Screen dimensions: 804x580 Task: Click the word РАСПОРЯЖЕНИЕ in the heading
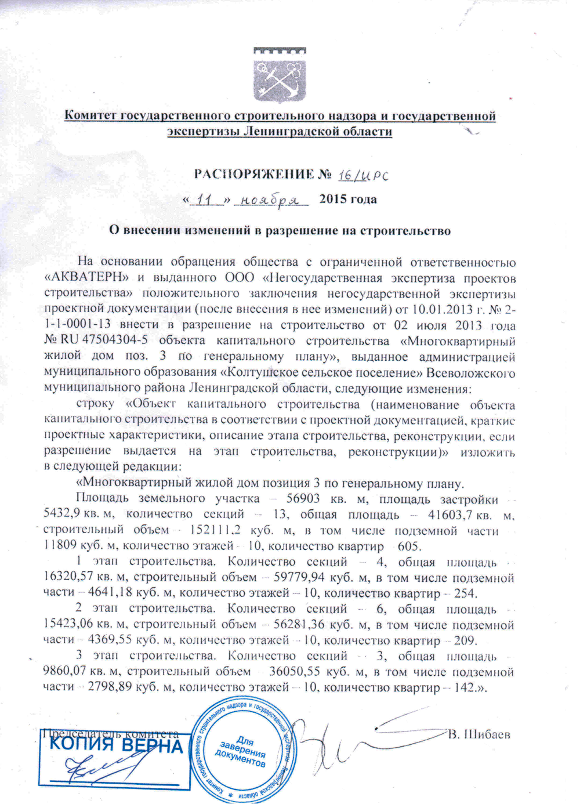click(253, 174)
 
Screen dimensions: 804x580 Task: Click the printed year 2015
click(333, 200)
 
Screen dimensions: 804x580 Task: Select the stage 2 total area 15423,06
click(69, 625)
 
